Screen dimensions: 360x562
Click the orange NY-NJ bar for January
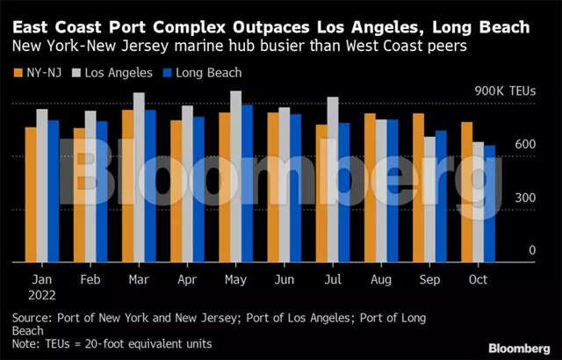(x=31, y=195)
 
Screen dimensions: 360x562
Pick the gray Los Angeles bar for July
(x=333, y=180)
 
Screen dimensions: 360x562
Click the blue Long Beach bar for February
(x=102, y=192)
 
